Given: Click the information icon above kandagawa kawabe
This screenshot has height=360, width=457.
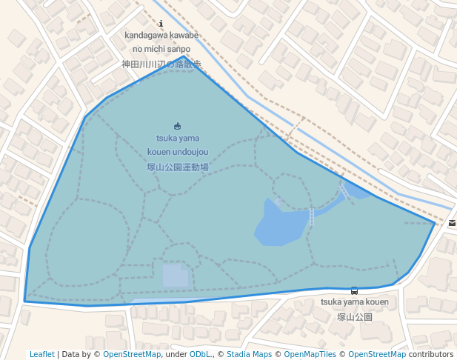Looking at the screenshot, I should pyautogui.click(x=161, y=24).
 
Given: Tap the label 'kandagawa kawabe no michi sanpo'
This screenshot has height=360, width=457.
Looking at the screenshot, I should pyautogui.click(x=161, y=41).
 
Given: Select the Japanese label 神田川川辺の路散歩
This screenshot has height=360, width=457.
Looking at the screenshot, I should pyautogui.click(x=161, y=64).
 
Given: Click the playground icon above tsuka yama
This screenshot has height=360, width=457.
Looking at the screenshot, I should pyautogui.click(x=177, y=126).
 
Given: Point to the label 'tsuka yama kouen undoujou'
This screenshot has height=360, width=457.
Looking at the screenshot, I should pyautogui.click(x=178, y=144).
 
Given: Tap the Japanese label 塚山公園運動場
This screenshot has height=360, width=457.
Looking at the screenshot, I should pyautogui.click(x=178, y=167).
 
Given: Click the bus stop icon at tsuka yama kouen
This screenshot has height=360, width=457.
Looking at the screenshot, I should pyautogui.click(x=354, y=291).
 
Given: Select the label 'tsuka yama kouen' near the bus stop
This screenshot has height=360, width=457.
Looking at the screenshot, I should pyautogui.click(x=354, y=302).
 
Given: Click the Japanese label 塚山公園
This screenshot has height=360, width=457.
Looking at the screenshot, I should pyautogui.click(x=354, y=317).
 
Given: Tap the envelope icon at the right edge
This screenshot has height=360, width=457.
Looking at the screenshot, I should pyautogui.click(x=452, y=222).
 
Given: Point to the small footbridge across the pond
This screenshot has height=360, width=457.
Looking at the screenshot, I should pyautogui.click(x=312, y=216).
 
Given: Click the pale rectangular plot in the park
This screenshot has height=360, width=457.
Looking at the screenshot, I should pyautogui.click(x=176, y=276).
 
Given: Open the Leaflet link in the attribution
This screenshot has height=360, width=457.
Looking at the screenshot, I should pyautogui.click(x=42, y=355).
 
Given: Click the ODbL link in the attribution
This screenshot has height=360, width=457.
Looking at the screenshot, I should pyautogui.click(x=199, y=355).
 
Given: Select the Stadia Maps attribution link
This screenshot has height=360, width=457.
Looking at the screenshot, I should pyautogui.click(x=249, y=355).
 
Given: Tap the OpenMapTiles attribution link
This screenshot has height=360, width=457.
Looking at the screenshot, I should pyautogui.click(x=310, y=355).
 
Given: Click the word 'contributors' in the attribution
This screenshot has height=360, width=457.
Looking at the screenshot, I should pyautogui.click(x=431, y=355).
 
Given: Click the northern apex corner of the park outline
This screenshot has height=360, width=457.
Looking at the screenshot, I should pyautogui.click(x=184, y=56).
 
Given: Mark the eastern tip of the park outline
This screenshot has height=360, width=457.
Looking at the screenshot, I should pyautogui.click(x=435, y=222).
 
